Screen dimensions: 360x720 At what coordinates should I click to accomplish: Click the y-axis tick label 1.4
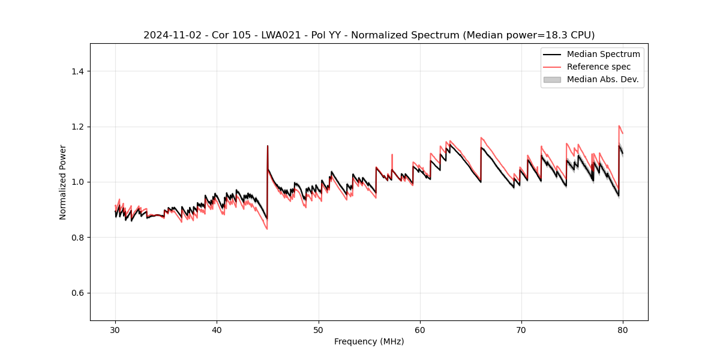coord(77,71)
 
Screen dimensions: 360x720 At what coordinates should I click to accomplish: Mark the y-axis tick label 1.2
coord(77,127)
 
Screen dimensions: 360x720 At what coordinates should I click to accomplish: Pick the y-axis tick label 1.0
coord(77,182)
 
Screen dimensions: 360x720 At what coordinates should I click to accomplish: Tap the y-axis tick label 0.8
coord(77,238)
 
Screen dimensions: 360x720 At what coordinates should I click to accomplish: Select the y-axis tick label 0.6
coord(77,293)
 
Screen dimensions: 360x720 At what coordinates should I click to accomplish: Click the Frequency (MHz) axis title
coord(369,341)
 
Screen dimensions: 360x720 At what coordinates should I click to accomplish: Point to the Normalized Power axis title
coord(63,182)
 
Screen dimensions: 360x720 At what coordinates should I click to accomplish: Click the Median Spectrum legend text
coord(603,54)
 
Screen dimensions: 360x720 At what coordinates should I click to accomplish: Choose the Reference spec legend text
coord(598,67)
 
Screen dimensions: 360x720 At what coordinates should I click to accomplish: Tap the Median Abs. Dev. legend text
coord(602,79)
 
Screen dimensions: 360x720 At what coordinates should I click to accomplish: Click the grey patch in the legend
coord(552,79)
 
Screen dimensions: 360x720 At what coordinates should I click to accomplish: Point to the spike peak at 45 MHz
coord(268,146)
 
